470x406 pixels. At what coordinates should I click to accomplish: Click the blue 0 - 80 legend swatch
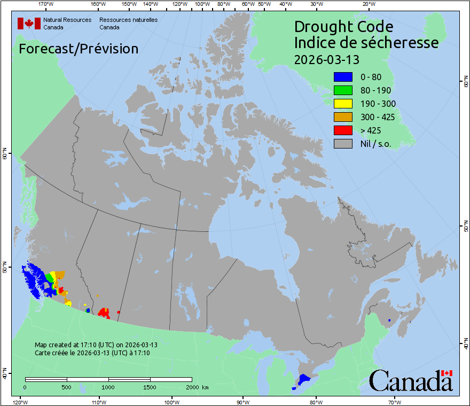[342, 77]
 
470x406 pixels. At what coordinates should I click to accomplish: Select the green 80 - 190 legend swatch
[342, 90]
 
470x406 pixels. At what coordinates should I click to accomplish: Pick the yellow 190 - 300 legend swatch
[342, 104]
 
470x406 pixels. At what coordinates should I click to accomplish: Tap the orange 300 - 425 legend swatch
[342, 117]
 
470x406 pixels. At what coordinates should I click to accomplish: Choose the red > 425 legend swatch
[342, 130]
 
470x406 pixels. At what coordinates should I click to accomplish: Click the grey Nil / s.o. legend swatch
[342, 144]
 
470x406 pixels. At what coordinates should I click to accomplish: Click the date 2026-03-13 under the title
[327, 59]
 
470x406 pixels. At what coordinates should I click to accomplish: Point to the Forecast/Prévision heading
[79, 49]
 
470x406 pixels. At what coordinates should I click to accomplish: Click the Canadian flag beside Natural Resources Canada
[29, 23]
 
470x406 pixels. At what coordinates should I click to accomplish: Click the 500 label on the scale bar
[67, 387]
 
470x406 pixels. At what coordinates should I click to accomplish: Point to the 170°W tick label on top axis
[46, 4]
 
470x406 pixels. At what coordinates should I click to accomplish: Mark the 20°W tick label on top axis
[368, 4]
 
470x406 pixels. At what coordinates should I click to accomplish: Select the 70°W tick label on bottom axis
[394, 402]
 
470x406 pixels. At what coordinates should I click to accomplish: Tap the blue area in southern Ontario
[304, 379]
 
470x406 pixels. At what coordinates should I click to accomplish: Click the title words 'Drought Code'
[343, 27]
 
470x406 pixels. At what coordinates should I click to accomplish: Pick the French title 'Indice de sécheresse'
[366, 43]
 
